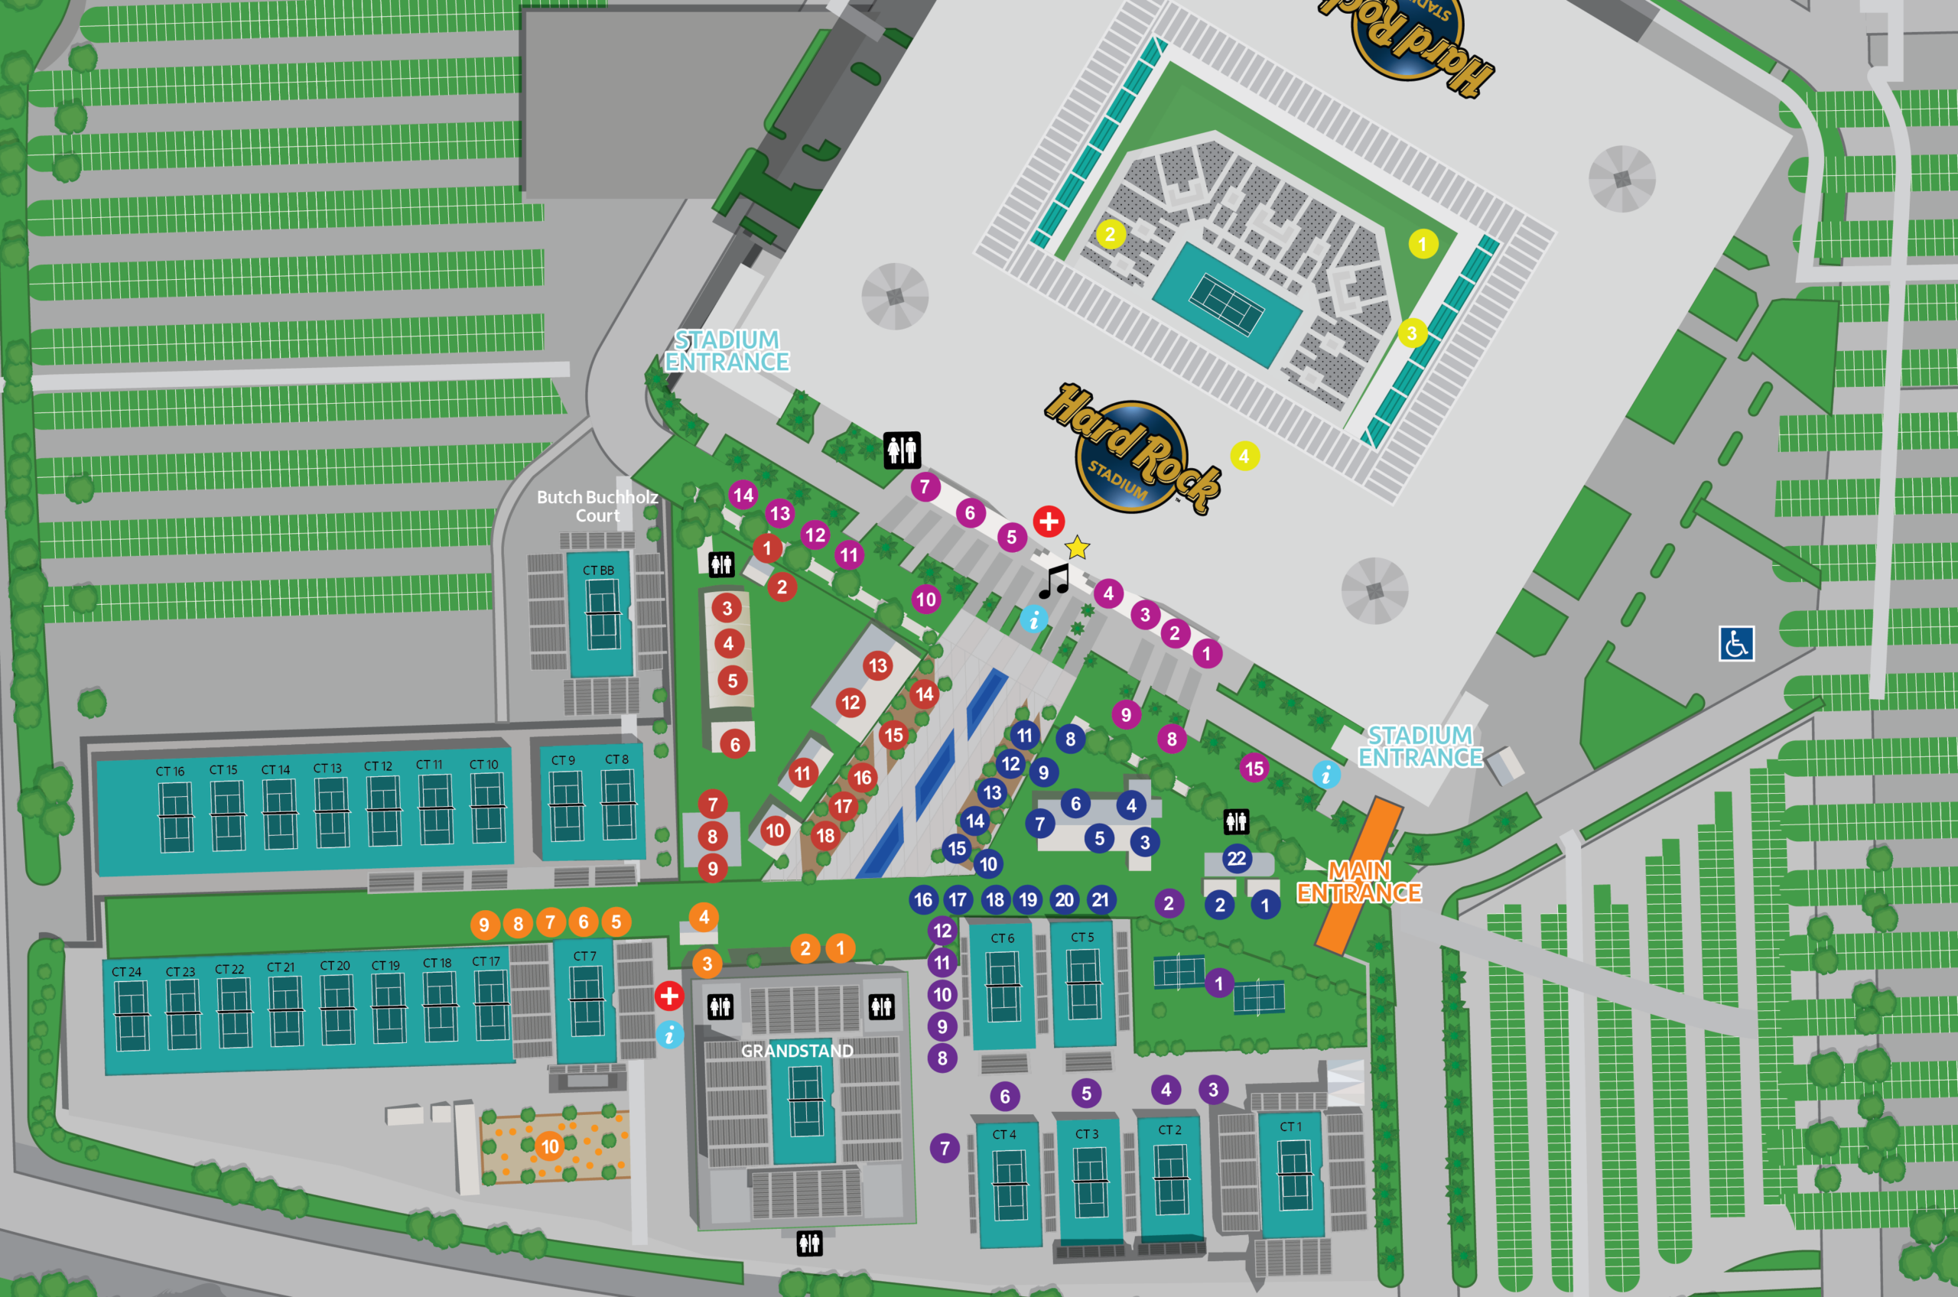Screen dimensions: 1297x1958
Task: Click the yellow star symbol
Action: coord(1076,548)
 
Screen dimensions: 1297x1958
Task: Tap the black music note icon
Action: coord(1054,581)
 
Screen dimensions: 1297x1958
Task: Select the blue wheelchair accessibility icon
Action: coord(1735,644)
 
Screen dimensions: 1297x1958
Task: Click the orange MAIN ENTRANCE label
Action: coord(1358,882)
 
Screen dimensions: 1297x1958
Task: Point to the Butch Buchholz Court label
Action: coord(597,506)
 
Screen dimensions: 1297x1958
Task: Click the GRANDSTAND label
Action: coord(797,1051)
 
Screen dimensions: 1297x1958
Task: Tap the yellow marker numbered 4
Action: coord(1244,456)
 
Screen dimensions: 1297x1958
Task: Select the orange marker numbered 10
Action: coord(550,1146)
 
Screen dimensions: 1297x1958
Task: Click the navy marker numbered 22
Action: coord(1236,859)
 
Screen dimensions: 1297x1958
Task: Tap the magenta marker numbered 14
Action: coord(743,496)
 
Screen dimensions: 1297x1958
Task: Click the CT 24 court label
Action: coord(126,972)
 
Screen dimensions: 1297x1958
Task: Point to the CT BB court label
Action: coord(598,570)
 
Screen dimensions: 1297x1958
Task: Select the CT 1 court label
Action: coord(1290,1126)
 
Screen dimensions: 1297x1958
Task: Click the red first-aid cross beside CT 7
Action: coord(669,996)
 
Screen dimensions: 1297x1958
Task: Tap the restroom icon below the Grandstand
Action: coord(809,1243)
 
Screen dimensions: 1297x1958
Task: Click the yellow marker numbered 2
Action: coord(1110,234)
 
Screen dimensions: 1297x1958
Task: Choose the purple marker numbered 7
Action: coord(945,1148)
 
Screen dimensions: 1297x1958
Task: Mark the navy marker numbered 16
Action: coord(923,900)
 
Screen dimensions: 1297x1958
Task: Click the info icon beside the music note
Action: coord(1033,618)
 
